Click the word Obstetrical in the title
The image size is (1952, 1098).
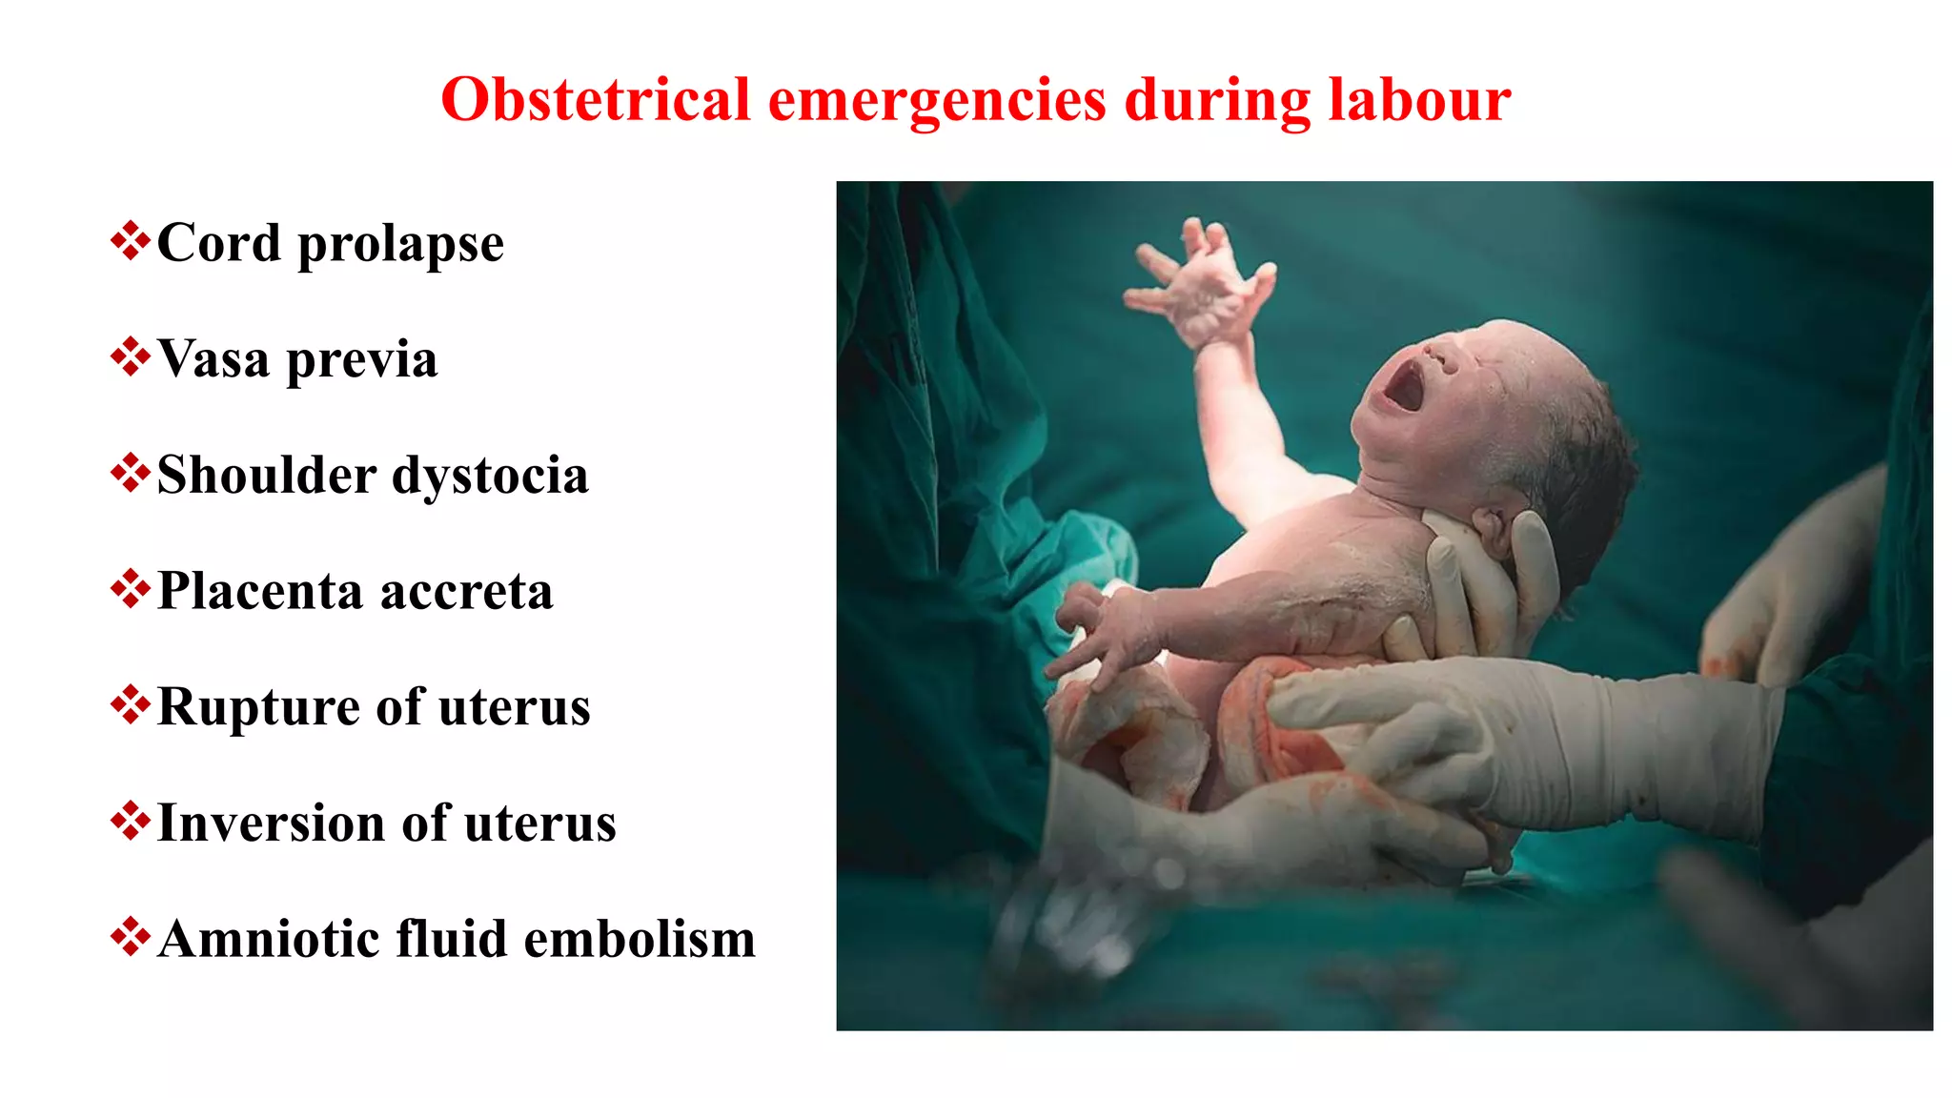pyautogui.click(x=596, y=99)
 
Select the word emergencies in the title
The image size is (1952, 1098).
pyautogui.click(x=937, y=101)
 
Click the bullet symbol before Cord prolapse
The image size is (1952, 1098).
pyautogui.click(x=130, y=241)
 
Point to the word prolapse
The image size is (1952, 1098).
pyautogui.click(x=400, y=245)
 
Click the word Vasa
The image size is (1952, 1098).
pyautogui.click(x=213, y=359)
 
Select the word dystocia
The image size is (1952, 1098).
pyautogui.click(x=490, y=477)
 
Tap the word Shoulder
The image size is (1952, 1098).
pyautogui.click(x=266, y=475)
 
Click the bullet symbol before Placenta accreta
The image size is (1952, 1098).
pyautogui.click(x=130, y=589)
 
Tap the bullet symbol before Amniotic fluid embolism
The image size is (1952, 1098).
pyautogui.click(x=130, y=937)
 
